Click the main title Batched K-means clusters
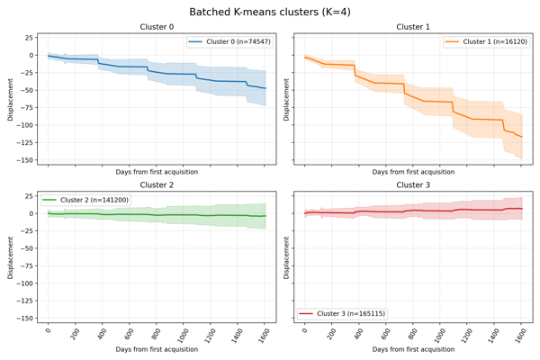[270, 12]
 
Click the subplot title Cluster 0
[157, 27]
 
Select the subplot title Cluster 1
[413, 27]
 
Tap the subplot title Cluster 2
[157, 185]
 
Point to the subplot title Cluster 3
[413, 185]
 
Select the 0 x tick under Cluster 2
[49, 331]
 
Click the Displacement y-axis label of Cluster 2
[11, 257]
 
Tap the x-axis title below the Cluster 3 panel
[413, 349]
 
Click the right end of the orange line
[522, 137]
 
